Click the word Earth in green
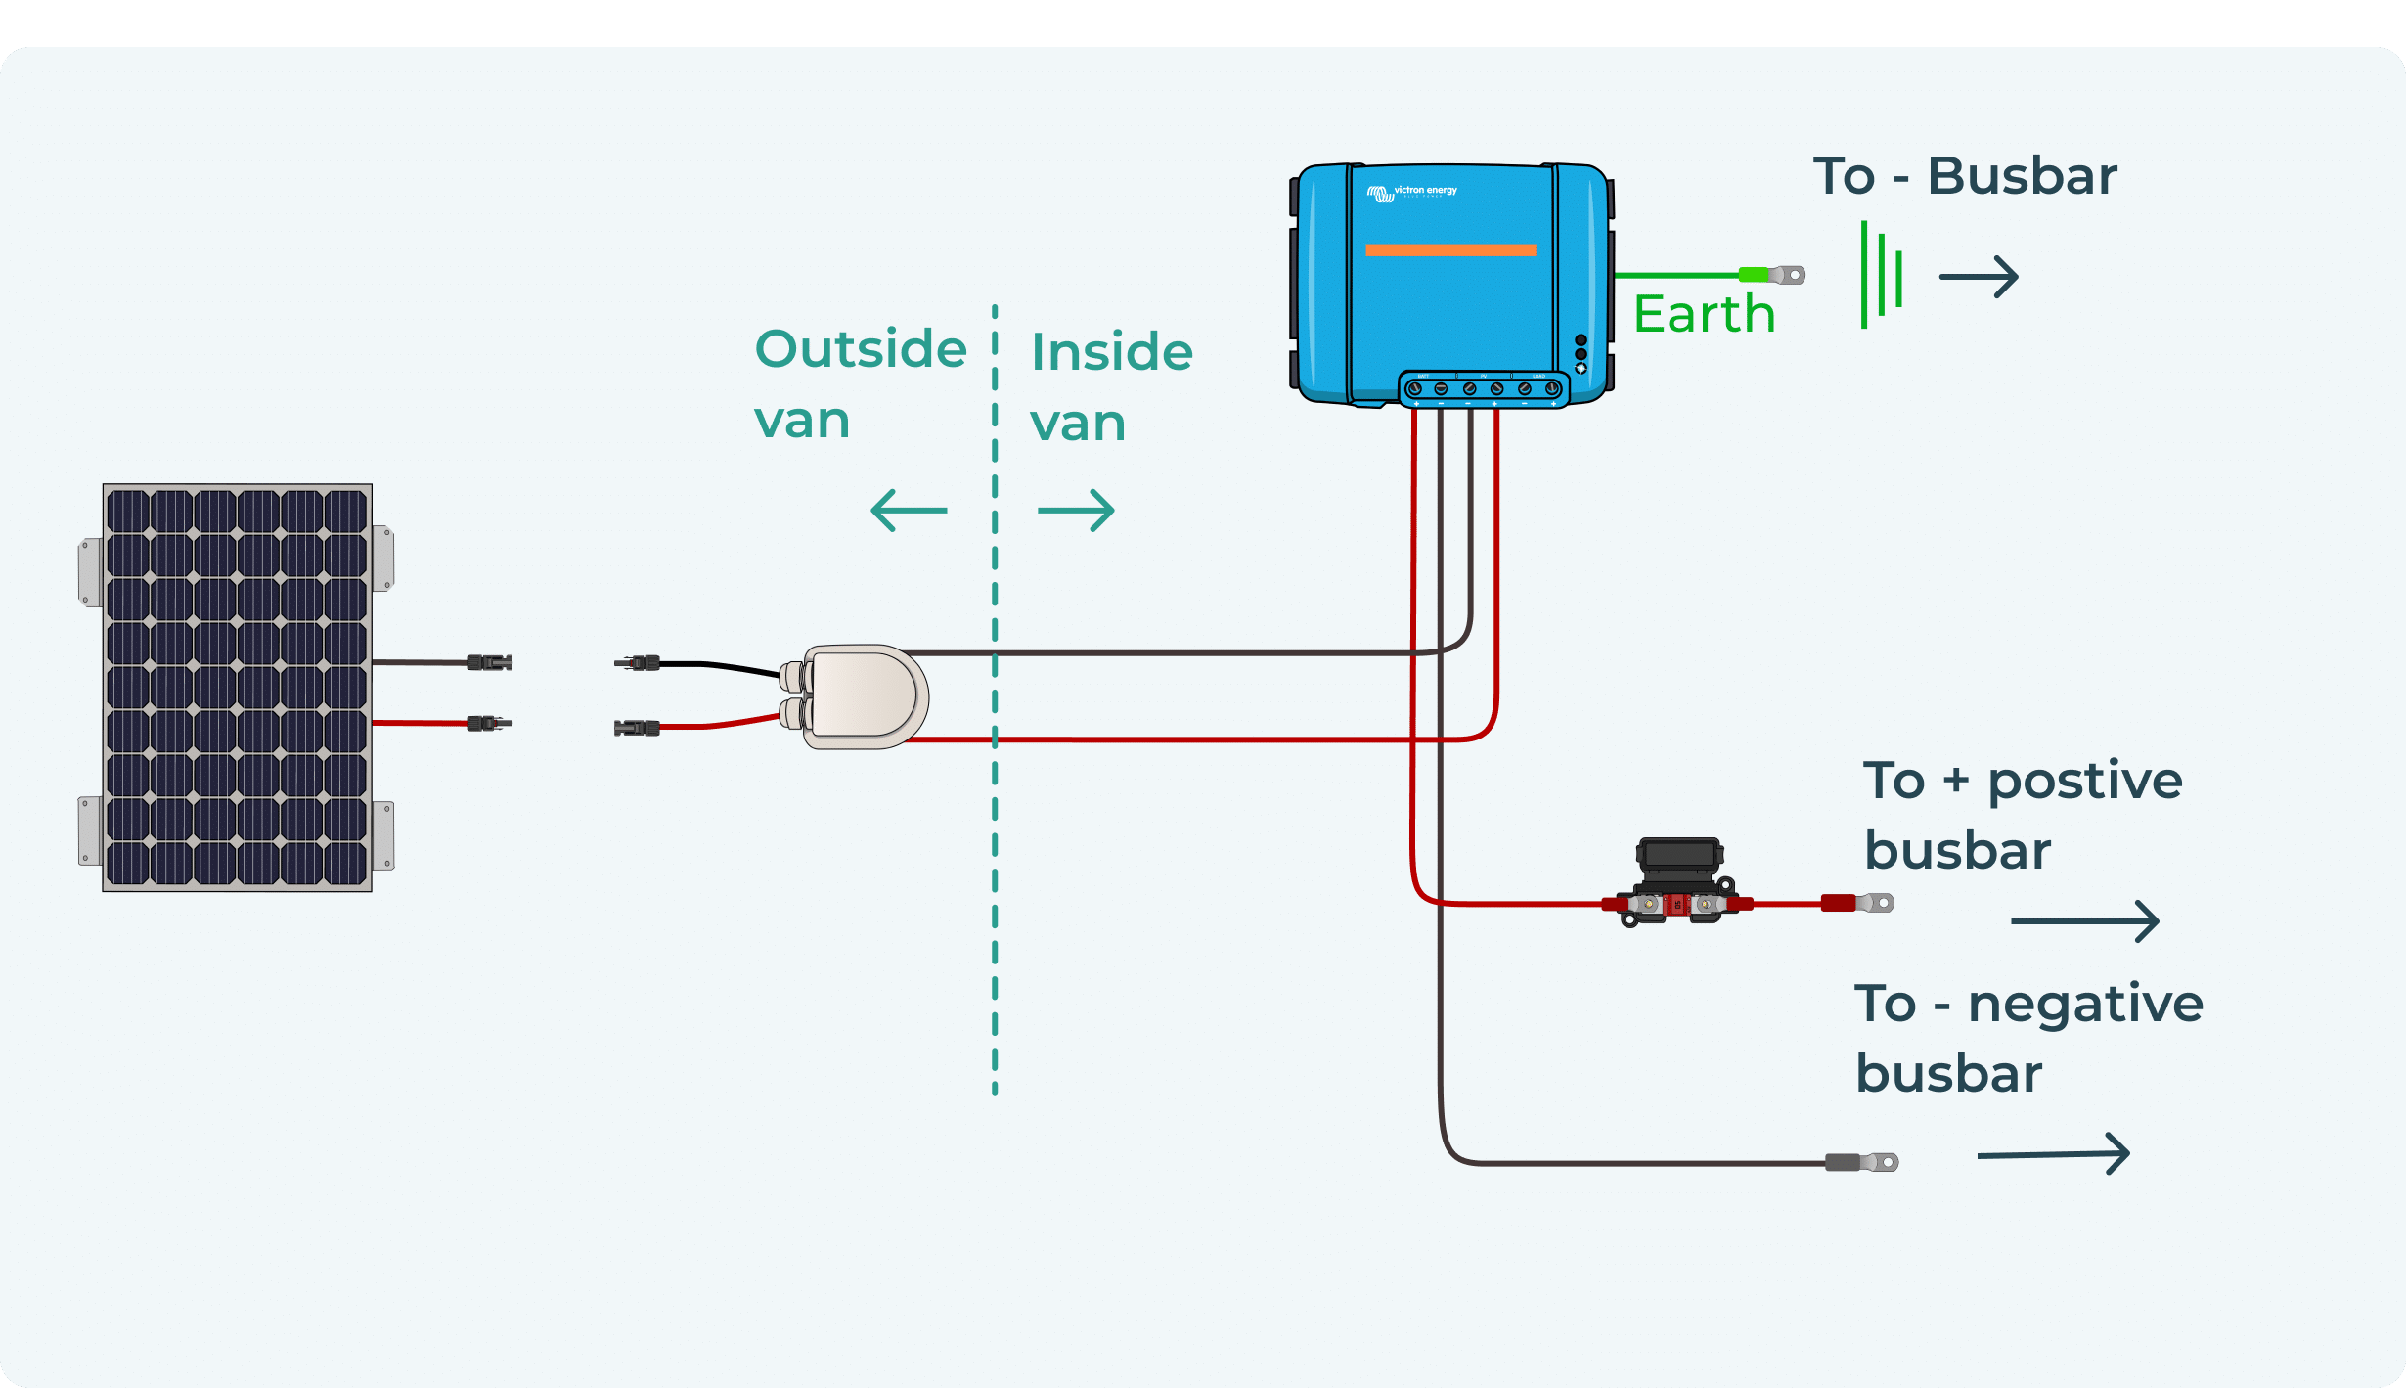coord(1704,314)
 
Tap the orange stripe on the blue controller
coord(1450,250)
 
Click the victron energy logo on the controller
coord(1412,192)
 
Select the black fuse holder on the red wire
coord(1678,881)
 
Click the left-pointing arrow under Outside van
coord(909,511)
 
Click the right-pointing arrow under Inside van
coord(1077,511)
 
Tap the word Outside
coord(861,349)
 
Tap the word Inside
coord(1112,352)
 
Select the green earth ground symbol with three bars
coord(1881,275)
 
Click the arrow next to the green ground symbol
coord(1979,277)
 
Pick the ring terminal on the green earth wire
coord(1786,275)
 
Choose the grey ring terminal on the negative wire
coord(1863,1162)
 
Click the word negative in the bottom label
coord(2084,1005)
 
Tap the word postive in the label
coord(2084,782)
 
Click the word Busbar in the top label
coord(2022,177)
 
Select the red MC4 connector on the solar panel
coord(489,723)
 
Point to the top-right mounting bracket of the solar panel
coord(382,558)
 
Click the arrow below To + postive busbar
coord(2084,921)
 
